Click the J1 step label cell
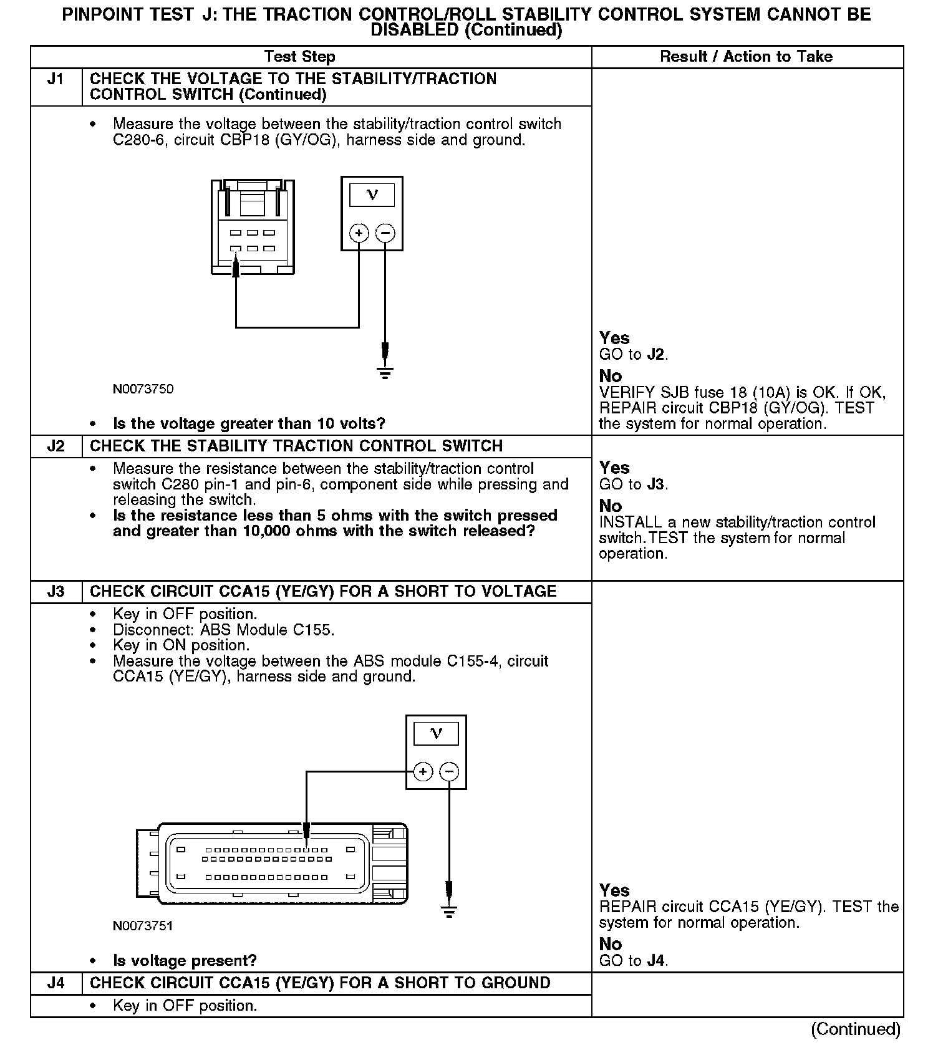point(56,79)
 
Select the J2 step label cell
point(56,446)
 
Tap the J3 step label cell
point(56,592)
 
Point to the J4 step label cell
point(56,983)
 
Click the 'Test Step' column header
point(300,57)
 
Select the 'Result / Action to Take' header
point(746,57)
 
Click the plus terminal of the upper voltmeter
point(359,233)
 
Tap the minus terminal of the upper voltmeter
point(385,233)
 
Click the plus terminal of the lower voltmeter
point(423,772)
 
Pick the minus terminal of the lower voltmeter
point(449,772)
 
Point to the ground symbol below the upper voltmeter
point(385,373)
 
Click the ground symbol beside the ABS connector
point(449,912)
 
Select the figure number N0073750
point(143,389)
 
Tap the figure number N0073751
point(143,926)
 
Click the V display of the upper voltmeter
point(372,195)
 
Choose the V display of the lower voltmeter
point(436,733)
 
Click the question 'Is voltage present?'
point(185,961)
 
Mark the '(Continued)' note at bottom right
point(856,1029)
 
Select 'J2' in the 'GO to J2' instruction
point(655,355)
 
